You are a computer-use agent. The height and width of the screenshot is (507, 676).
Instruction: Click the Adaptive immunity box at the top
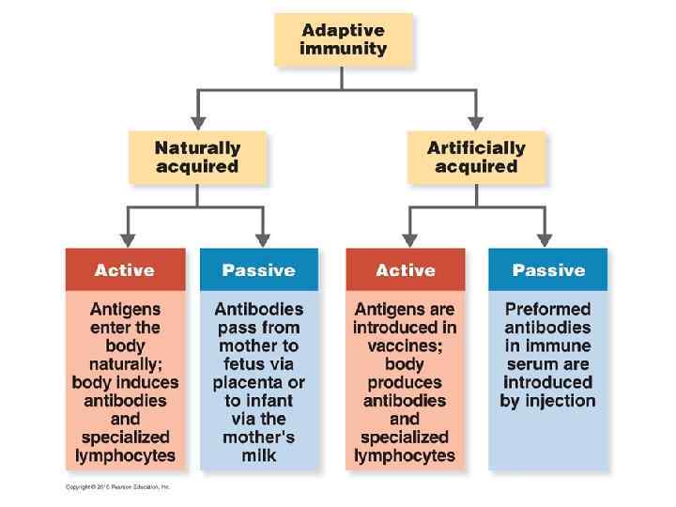343,38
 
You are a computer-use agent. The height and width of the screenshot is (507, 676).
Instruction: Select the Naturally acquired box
197,157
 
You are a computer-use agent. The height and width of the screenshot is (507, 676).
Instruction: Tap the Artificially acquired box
476,157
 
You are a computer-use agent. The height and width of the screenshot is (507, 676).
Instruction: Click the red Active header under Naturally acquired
125,270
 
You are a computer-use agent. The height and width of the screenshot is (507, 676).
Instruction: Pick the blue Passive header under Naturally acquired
258,270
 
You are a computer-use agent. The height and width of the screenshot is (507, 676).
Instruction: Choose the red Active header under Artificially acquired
405,270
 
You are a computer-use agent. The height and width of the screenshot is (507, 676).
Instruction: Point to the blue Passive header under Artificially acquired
548,270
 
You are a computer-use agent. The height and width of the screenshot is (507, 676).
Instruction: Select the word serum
532,364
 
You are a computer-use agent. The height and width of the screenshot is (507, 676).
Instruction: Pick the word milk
258,456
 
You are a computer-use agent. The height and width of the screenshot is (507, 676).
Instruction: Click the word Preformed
548,309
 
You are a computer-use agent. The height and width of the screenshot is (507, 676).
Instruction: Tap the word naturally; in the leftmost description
125,364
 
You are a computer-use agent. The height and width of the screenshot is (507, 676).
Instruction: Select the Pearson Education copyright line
117,486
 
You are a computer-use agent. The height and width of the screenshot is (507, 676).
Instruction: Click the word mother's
258,438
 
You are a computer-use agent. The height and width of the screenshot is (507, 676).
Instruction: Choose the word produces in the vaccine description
405,383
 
